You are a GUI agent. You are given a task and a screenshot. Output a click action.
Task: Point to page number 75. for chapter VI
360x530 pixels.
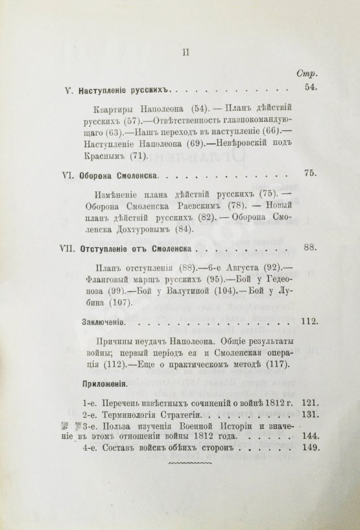pyautogui.click(x=313, y=174)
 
